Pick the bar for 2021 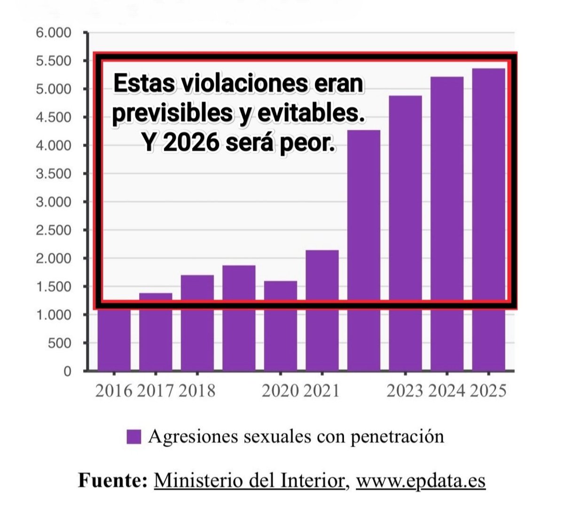point(322,310)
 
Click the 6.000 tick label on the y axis point(53,33)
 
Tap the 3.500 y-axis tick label point(53,174)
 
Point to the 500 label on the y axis point(60,343)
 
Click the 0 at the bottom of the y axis point(67,371)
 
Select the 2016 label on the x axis point(114,391)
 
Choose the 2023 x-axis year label point(405,391)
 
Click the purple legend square point(133,437)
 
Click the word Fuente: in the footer point(113,481)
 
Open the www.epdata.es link point(420,481)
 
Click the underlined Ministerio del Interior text point(249,481)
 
